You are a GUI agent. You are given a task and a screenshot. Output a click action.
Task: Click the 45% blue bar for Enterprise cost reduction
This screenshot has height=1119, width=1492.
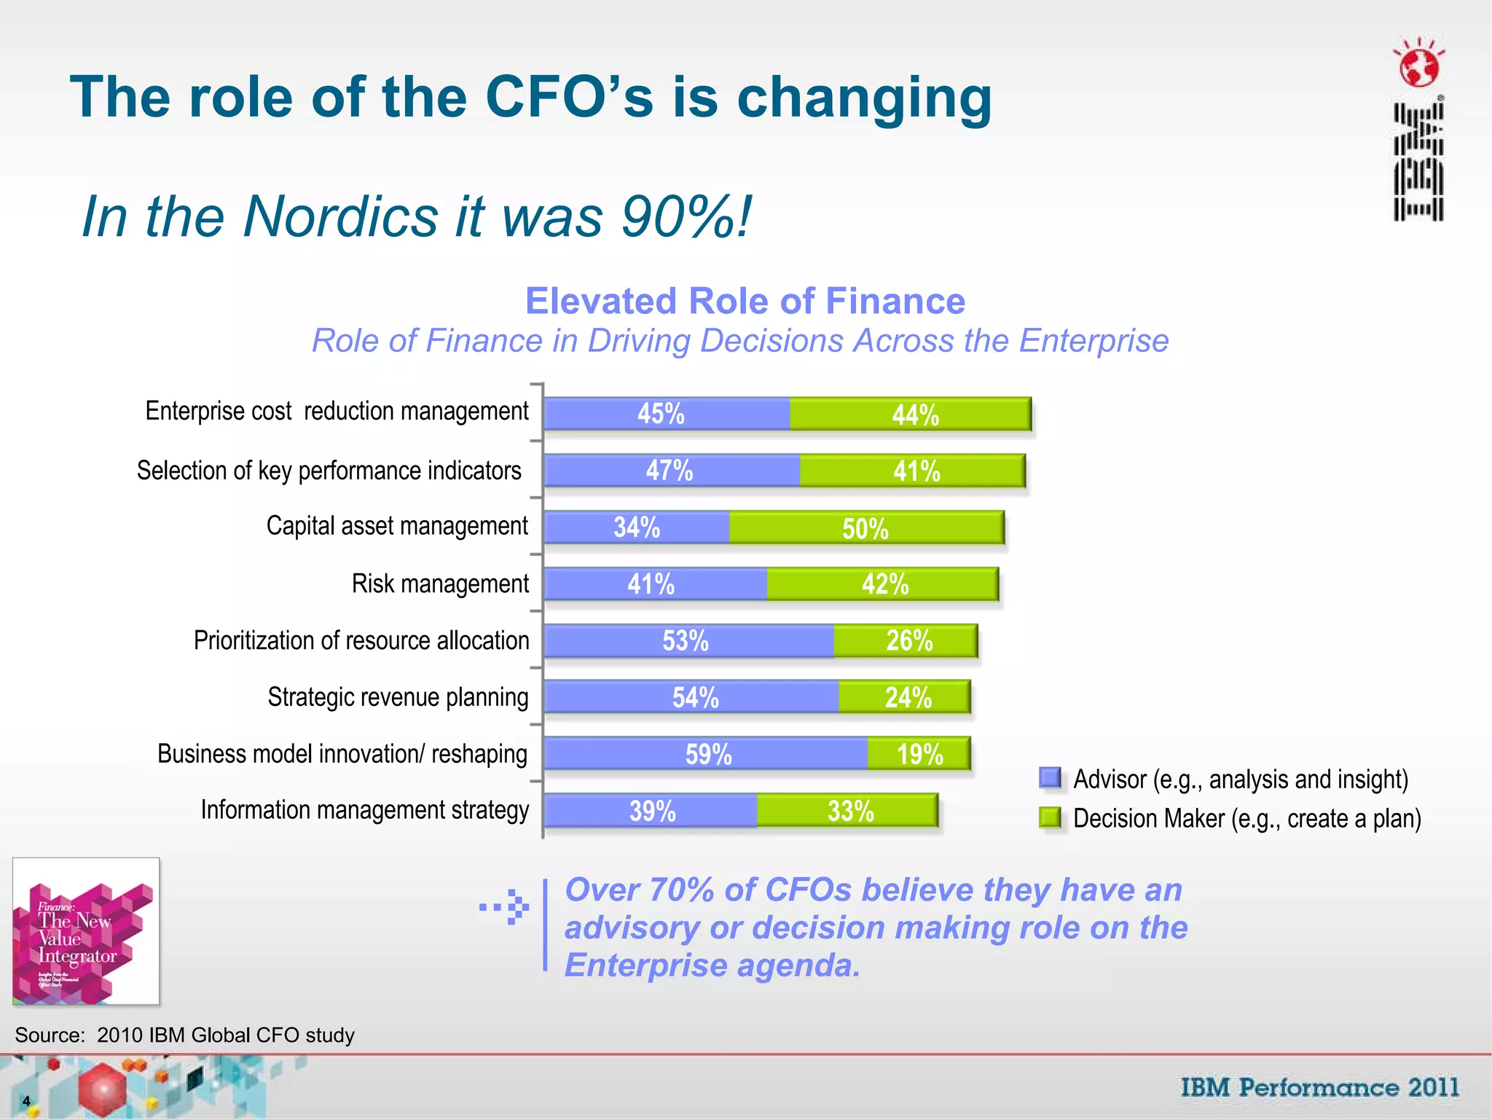[667, 414]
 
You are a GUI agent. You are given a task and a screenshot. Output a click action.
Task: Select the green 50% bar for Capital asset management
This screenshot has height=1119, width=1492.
[866, 528]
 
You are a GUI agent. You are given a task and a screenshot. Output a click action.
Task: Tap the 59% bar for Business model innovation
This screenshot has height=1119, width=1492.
[705, 754]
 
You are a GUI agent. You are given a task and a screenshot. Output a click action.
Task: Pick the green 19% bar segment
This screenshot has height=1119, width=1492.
[919, 754]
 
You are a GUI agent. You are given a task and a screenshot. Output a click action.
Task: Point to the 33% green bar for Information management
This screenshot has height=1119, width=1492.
[847, 811]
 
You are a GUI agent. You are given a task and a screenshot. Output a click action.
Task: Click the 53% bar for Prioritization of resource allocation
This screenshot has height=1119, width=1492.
[688, 641]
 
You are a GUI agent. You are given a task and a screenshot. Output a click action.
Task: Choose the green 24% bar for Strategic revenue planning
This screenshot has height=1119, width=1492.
[904, 697]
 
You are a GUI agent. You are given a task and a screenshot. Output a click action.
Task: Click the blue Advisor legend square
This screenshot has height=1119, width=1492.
[1050, 778]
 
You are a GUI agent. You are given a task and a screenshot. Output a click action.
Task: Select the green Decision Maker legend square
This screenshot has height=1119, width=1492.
[1050, 817]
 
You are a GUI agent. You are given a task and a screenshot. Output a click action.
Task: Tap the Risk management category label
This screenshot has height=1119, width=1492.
[440, 584]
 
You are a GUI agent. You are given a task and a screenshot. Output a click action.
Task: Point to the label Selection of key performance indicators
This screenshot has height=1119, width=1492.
[329, 471]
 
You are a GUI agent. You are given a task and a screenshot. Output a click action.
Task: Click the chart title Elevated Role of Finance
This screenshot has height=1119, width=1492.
[745, 301]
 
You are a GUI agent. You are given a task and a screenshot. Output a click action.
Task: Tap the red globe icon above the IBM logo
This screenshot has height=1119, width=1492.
[1418, 66]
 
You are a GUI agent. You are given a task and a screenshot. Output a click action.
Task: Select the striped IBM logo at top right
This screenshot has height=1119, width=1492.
[1418, 162]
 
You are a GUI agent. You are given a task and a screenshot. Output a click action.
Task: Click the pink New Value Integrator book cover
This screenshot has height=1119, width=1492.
[86, 931]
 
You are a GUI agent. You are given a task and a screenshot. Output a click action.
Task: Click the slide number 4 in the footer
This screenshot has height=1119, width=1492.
[26, 1101]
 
